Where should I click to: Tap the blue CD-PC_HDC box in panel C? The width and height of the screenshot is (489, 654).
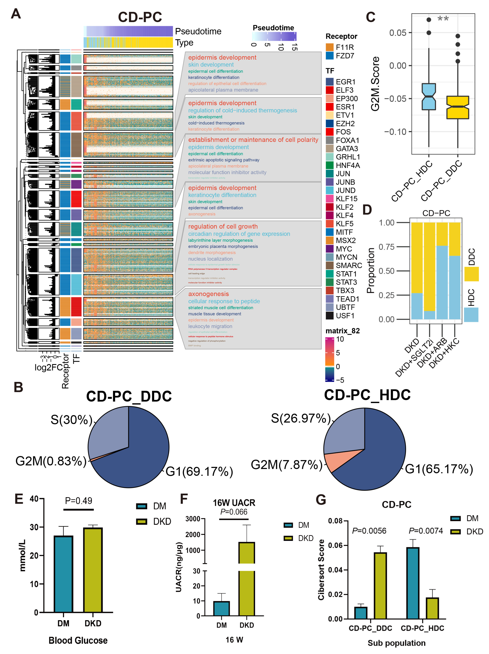point(429,97)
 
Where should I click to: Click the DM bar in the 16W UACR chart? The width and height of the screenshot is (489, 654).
point(221,608)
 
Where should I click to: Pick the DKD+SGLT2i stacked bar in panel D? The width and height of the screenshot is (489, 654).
point(429,270)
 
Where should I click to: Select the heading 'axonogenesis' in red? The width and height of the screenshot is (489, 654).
point(208,294)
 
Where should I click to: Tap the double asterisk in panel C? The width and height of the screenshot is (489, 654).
point(443,19)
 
